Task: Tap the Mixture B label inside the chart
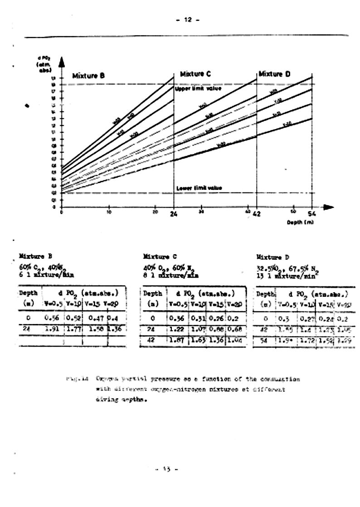click(x=89, y=76)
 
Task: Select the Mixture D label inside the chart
click(x=274, y=74)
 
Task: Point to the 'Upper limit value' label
click(x=198, y=89)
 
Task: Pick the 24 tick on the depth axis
click(x=174, y=214)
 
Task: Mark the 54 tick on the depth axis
click(x=312, y=214)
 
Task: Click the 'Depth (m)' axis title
click(x=300, y=222)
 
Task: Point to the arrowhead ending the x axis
click(x=328, y=207)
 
